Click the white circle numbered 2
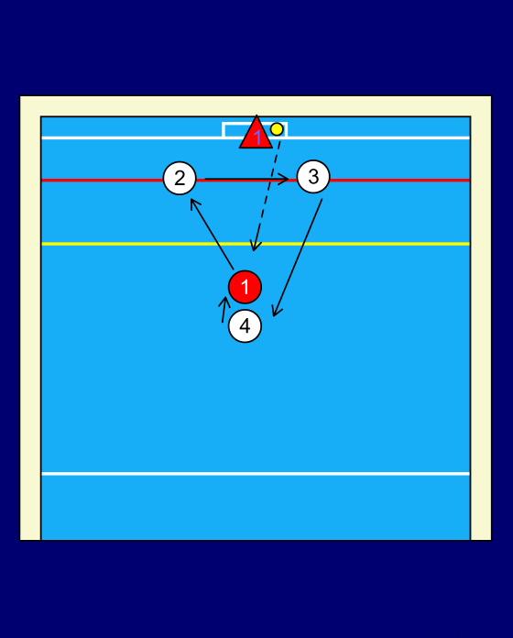180,178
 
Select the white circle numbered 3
313,177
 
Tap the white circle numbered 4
246,326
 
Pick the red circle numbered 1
246,287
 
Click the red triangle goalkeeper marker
256,134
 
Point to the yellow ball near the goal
277,129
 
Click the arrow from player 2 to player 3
246,179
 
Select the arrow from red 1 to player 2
212,234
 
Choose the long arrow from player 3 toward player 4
298,258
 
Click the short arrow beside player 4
224,310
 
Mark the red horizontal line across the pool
256,180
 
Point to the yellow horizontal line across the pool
256,244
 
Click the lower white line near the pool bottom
256,474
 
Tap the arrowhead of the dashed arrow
255,246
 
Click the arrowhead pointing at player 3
284,179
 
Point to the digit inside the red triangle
257,138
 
